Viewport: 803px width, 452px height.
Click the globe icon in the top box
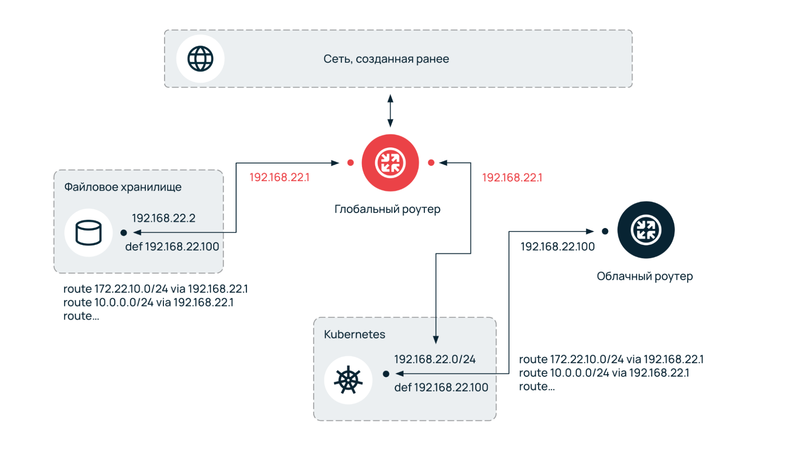tap(200, 59)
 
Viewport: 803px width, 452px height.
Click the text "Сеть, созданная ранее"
tap(386, 59)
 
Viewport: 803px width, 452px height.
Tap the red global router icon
tap(390, 163)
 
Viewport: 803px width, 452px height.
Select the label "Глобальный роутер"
tap(387, 209)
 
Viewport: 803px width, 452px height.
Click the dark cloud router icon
tap(646, 230)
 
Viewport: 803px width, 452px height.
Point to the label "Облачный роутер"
tap(644, 276)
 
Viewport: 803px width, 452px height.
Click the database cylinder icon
tap(88, 232)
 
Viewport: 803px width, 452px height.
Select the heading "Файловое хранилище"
tap(123, 187)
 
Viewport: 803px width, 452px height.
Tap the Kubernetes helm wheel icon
tap(348, 380)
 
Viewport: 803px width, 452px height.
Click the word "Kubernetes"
tap(354, 334)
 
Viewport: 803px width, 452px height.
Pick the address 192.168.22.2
tap(163, 218)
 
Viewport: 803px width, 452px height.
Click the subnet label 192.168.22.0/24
tap(435, 359)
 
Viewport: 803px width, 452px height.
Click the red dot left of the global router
tap(350, 163)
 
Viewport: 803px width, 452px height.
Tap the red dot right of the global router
tap(431, 163)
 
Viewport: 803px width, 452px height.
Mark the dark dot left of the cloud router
tap(605, 231)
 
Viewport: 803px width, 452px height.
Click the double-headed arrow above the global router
tap(390, 111)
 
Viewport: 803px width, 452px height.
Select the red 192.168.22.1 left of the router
tap(279, 177)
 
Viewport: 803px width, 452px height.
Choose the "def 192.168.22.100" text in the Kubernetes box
tap(441, 387)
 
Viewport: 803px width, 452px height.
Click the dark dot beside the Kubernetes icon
tap(386, 374)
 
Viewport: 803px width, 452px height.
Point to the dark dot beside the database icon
tap(124, 232)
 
